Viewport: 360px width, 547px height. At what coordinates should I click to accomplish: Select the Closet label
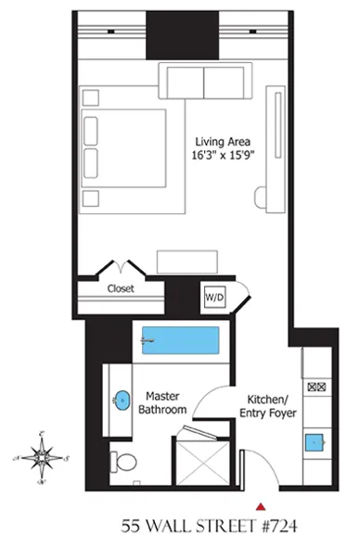pyautogui.click(x=121, y=288)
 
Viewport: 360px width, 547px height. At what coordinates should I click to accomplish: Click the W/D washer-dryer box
pyautogui.click(x=214, y=297)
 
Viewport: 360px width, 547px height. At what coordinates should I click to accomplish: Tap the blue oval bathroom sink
pyautogui.click(x=122, y=401)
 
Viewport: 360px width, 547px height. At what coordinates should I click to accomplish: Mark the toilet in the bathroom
pyautogui.click(x=123, y=459)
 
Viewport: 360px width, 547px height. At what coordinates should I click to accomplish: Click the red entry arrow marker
pyautogui.click(x=263, y=505)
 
